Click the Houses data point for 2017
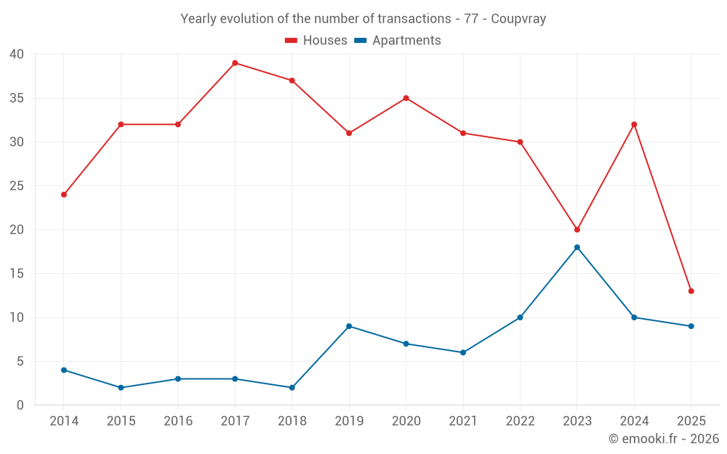point(235,63)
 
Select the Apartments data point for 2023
point(577,247)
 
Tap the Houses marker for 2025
point(691,291)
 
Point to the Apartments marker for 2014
point(64,370)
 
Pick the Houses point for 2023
point(577,230)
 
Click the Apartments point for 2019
point(349,326)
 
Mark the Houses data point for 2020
point(406,98)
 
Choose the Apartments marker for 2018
point(292,387)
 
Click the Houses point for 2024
point(634,124)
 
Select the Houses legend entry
point(316,41)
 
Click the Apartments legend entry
point(398,41)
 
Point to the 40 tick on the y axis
point(17,54)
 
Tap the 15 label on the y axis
point(17,274)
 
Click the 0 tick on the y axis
point(20,405)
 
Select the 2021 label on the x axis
point(462,421)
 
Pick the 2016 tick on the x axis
point(177,421)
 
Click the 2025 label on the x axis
point(691,421)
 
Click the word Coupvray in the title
point(518,19)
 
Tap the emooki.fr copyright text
point(664,439)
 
